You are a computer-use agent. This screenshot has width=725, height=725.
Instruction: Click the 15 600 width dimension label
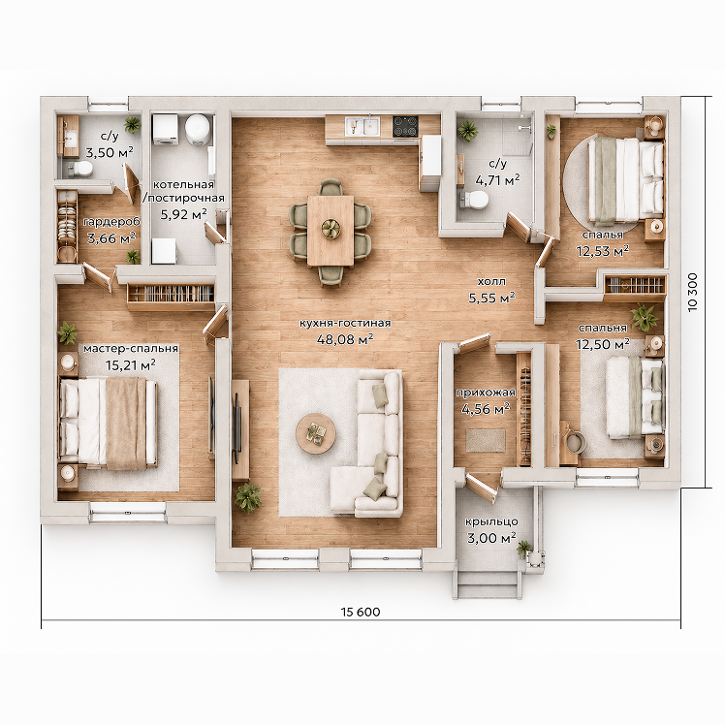[361, 612]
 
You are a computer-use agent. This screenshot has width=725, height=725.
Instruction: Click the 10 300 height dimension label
[693, 292]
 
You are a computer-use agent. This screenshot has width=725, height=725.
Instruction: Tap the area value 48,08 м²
[345, 339]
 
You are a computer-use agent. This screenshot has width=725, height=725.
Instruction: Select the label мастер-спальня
[131, 348]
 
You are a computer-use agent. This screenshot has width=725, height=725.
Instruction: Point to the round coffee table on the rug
[316, 433]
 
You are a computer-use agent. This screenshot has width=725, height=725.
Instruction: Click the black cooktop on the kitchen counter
[405, 126]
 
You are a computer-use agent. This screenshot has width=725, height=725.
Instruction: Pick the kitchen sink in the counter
[362, 126]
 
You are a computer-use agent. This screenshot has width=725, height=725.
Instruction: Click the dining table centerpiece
[331, 229]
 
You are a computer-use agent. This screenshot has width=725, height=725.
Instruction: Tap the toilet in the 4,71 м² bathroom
[474, 200]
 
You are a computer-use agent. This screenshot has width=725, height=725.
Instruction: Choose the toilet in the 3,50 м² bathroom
[80, 169]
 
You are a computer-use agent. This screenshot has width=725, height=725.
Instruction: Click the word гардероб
[111, 222]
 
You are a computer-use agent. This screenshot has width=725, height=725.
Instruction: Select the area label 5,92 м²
[183, 214]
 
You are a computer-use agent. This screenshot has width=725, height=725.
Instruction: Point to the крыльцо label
[491, 521]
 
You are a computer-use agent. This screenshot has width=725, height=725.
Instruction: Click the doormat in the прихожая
[486, 441]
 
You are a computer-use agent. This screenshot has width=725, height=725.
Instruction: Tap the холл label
[491, 282]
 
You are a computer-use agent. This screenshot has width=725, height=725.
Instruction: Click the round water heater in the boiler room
[198, 131]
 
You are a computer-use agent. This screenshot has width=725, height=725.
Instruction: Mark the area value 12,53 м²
[603, 251]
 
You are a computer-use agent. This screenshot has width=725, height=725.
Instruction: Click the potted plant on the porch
[524, 549]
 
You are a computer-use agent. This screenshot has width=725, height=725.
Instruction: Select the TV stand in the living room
[240, 429]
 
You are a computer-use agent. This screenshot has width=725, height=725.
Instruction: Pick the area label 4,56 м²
[486, 409]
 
